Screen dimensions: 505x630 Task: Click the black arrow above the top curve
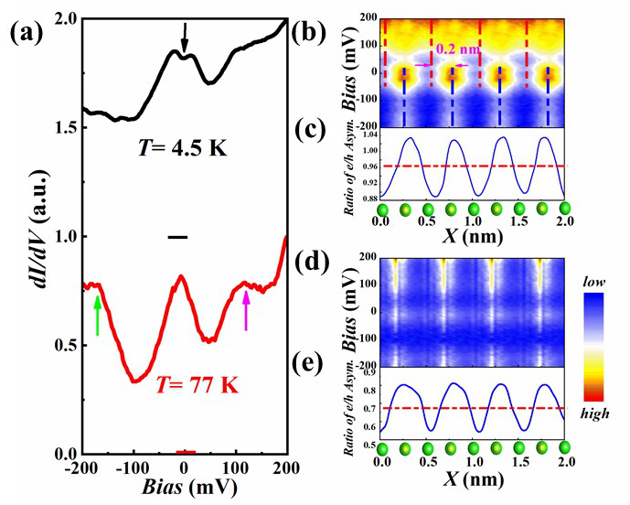pos(185,38)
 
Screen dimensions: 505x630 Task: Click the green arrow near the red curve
pos(97,311)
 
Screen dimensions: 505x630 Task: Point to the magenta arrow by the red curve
pos(245,311)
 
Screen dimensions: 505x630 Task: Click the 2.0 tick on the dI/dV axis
pos(59,18)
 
